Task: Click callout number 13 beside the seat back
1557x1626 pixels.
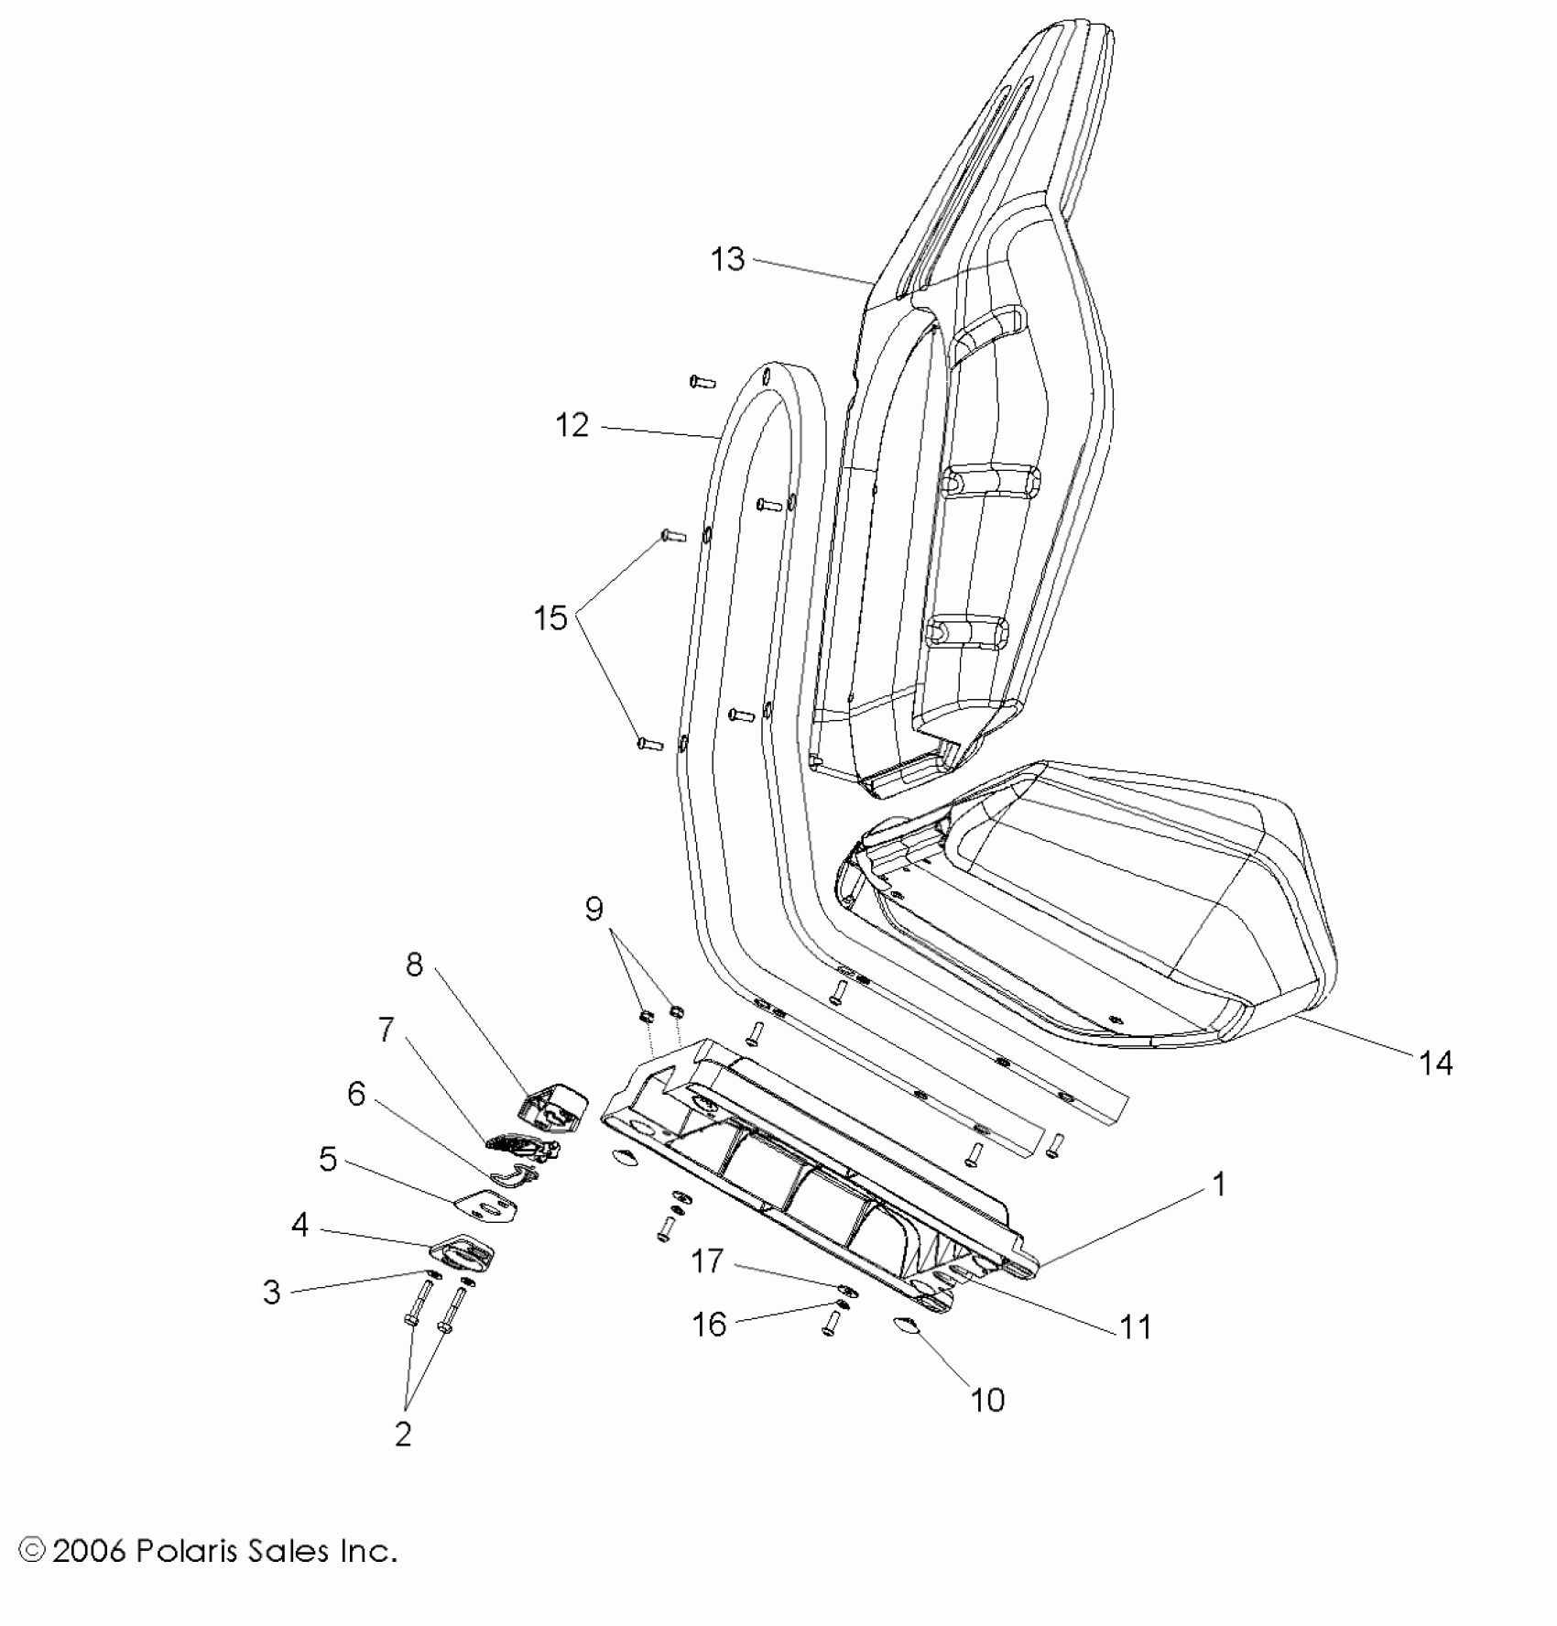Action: click(x=728, y=259)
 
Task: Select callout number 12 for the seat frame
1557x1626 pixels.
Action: click(x=572, y=425)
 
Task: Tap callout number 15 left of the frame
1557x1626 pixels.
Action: click(x=551, y=618)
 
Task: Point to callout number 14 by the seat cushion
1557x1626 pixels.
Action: click(x=1436, y=1063)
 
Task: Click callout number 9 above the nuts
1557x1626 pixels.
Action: click(x=594, y=909)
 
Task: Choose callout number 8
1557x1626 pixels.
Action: click(x=415, y=965)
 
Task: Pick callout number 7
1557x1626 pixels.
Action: click(x=387, y=1030)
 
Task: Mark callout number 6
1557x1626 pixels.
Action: click(x=356, y=1094)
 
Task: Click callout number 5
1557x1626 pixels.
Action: click(x=328, y=1159)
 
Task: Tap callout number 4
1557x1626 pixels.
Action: click(x=300, y=1225)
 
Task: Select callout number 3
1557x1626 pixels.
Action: click(x=272, y=1292)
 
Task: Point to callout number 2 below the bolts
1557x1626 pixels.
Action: click(x=403, y=1434)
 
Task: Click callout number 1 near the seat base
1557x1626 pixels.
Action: click(x=1219, y=1184)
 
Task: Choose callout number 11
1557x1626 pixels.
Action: click(x=1137, y=1326)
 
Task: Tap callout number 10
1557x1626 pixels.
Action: click(x=987, y=1399)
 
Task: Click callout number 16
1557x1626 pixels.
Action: click(x=710, y=1324)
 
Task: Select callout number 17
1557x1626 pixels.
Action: click(x=708, y=1261)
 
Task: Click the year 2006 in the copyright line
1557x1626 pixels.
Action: click(x=88, y=1551)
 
